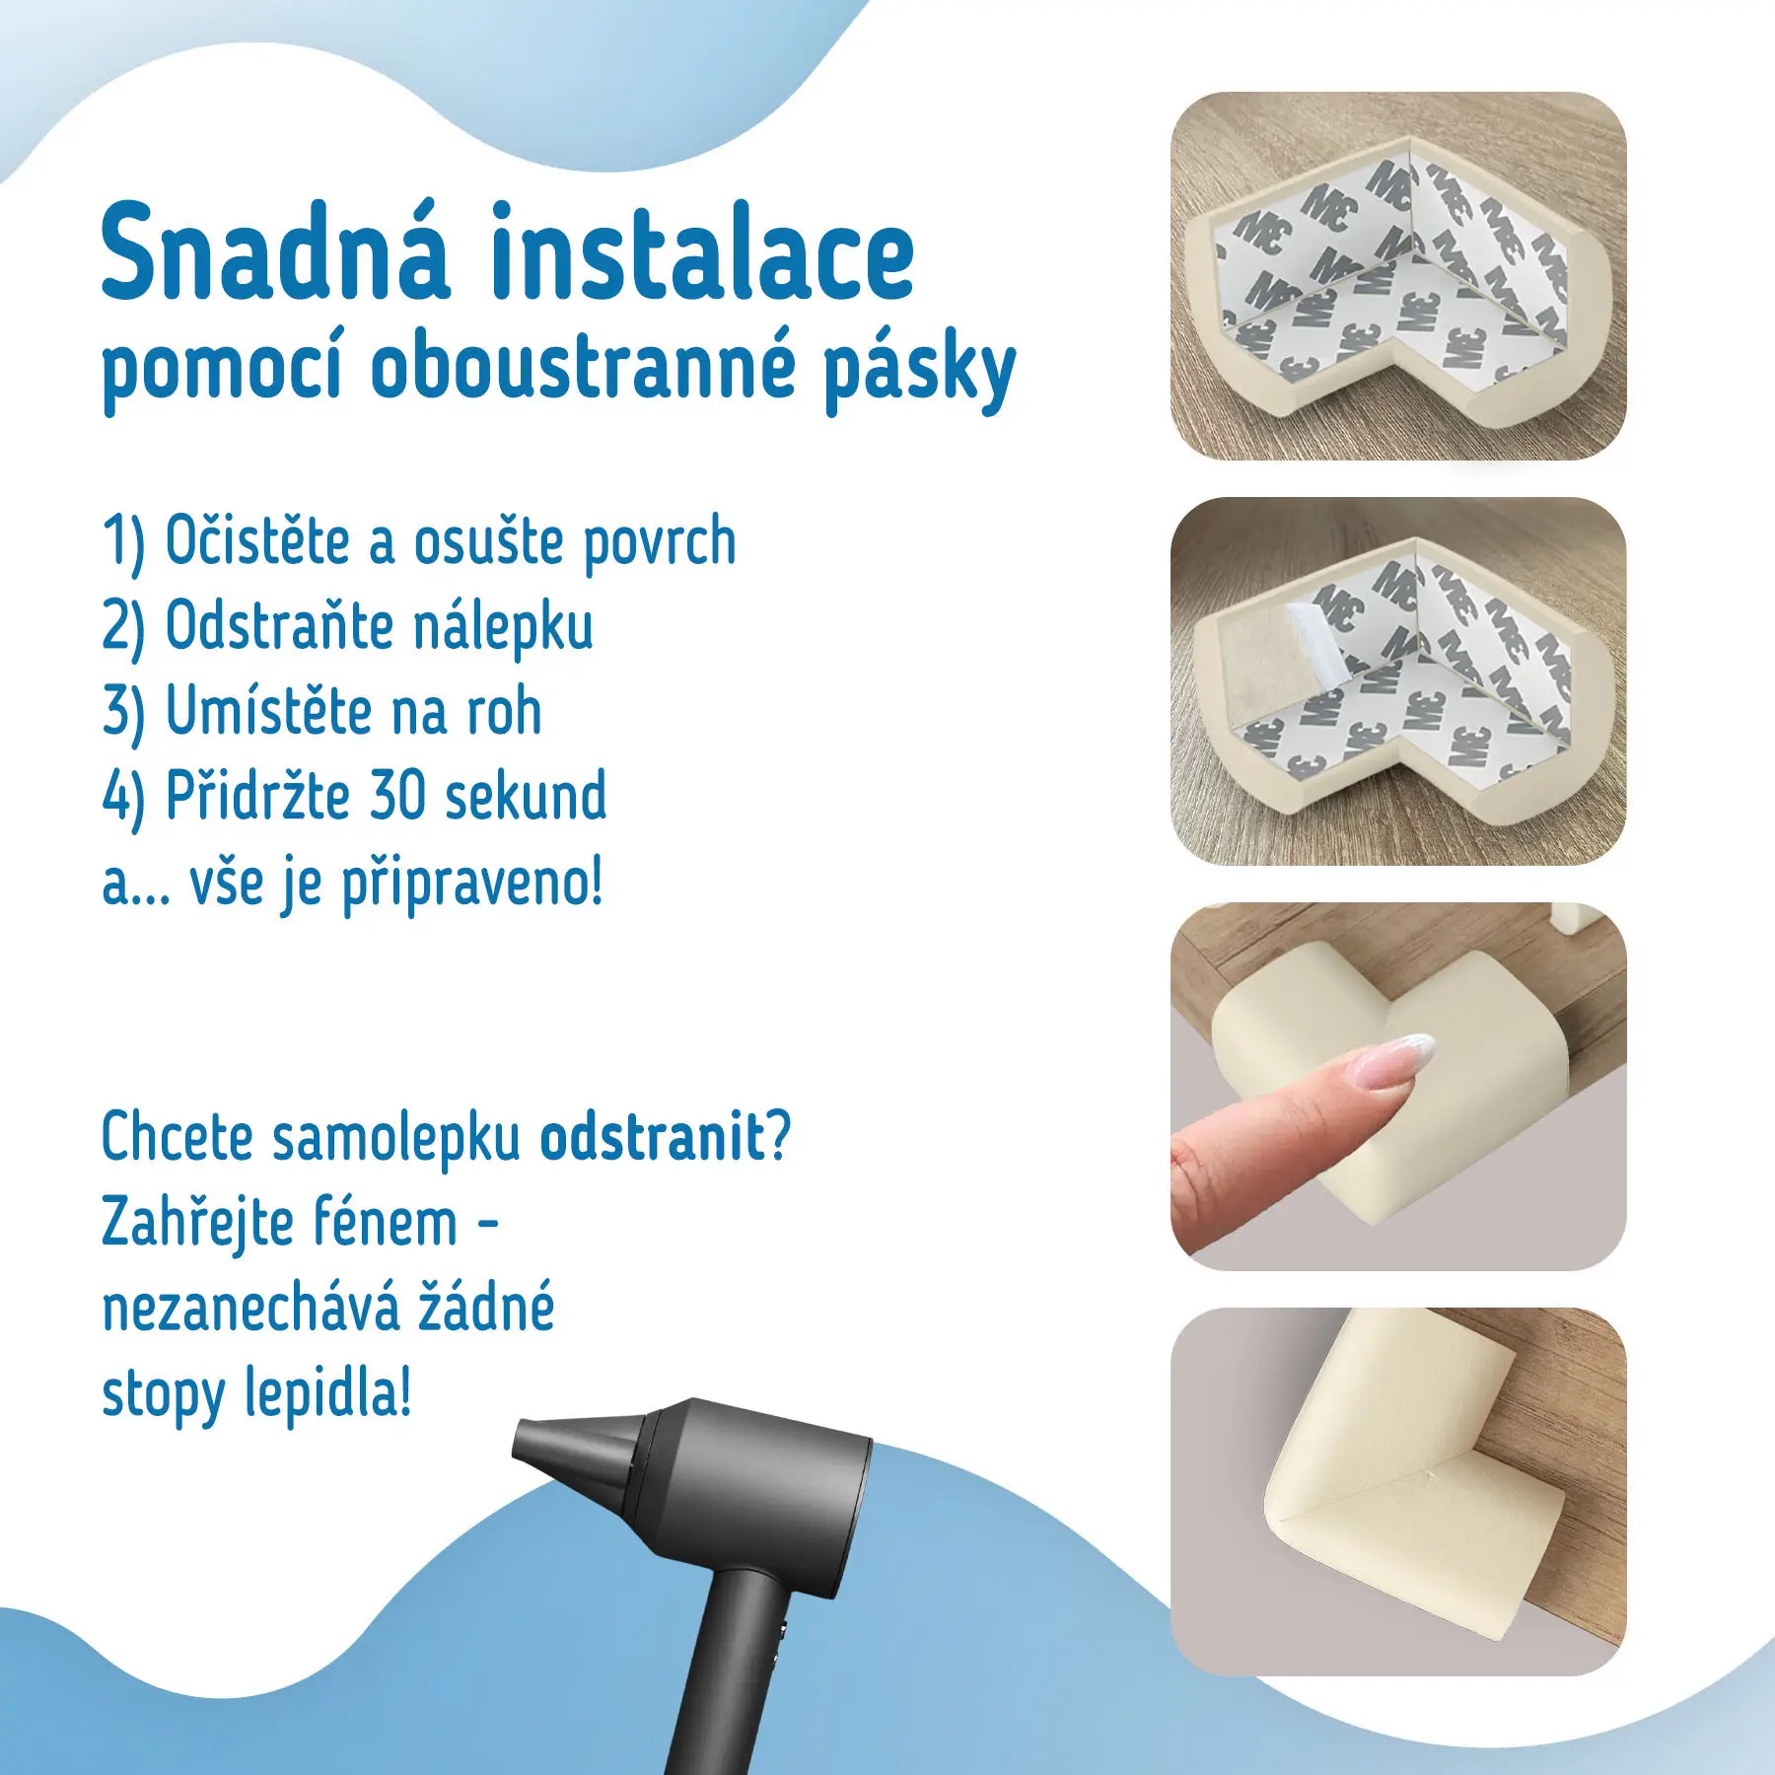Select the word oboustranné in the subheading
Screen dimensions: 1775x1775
[583, 367]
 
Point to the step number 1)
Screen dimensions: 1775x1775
[123, 543]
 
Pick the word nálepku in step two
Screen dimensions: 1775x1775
[503, 627]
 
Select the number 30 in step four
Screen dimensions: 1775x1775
[392, 795]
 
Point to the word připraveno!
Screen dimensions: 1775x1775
[471, 884]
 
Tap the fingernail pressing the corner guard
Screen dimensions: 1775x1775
[1401, 1058]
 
